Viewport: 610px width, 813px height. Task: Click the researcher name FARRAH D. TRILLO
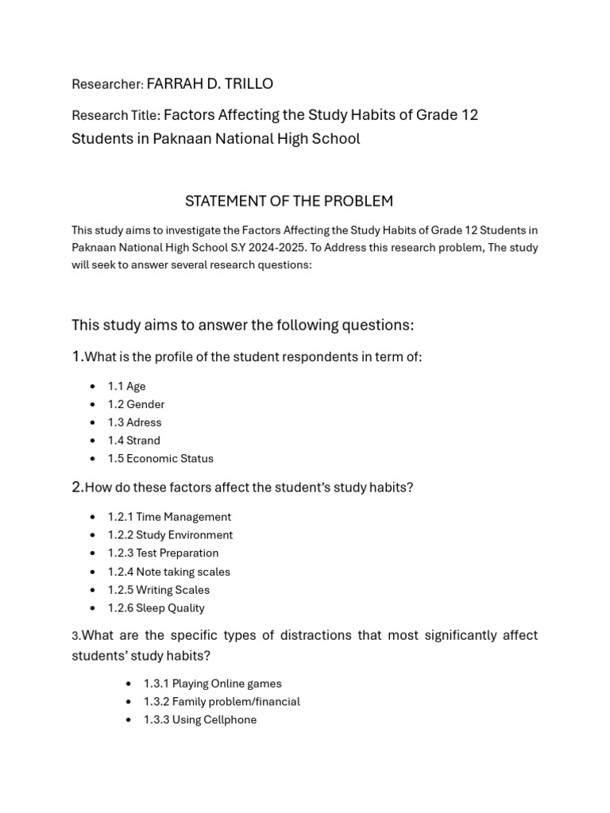210,83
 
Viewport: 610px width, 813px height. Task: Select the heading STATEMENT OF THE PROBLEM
289,201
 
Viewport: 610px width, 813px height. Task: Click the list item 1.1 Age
126,387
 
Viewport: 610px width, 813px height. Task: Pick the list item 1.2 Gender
136,404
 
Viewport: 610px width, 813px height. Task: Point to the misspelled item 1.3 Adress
134,422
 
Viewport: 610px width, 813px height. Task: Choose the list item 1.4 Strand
133,441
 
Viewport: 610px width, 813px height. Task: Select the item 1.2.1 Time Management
169,517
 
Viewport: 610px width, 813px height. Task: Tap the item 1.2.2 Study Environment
170,535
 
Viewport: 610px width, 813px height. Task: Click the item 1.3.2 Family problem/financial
222,702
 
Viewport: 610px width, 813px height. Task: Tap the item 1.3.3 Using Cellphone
199,720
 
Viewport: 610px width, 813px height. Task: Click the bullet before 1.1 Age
92,387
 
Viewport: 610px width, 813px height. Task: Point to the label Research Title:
116,116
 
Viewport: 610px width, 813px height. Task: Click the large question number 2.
77,487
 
